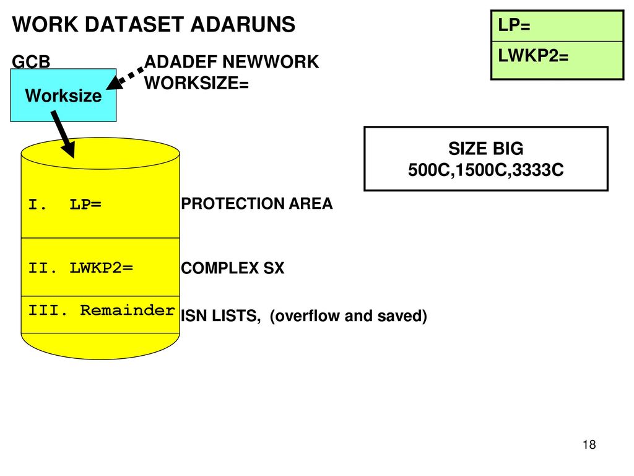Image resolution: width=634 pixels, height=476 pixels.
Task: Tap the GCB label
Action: [x=32, y=61]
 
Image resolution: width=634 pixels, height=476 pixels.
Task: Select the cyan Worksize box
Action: [x=63, y=95]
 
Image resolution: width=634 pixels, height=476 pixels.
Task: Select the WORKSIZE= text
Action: [x=196, y=83]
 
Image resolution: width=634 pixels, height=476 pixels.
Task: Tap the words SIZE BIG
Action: [x=485, y=149]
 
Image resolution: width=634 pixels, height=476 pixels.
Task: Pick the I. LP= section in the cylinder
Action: [x=65, y=204]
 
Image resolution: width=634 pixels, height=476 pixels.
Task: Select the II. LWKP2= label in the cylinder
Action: [x=80, y=268]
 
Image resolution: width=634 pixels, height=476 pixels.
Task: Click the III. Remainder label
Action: [x=101, y=311]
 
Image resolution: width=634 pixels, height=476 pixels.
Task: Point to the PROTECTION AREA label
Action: [x=256, y=204]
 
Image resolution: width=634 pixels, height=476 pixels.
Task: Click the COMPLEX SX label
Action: [x=232, y=269]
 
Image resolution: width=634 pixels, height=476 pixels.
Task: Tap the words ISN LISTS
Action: [x=220, y=317]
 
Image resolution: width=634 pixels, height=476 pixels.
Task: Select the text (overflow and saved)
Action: [x=348, y=317]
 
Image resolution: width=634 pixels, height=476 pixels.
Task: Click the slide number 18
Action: [x=589, y=445]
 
